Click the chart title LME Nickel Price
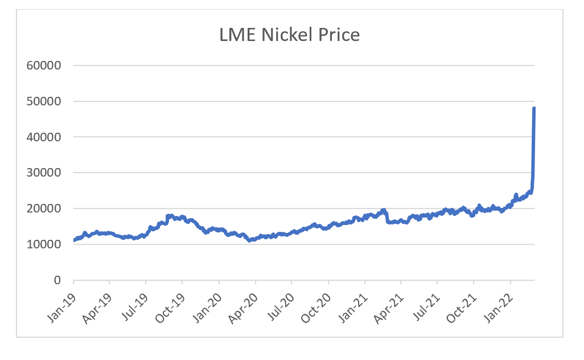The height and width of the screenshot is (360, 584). [x=290, y=35]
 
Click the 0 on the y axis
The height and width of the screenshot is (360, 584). [x=57, y=280]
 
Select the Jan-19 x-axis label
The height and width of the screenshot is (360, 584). [x=62, y=302]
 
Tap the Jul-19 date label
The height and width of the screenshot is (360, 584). [x=135, y=302]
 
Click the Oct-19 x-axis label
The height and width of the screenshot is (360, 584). [x=171, y=302]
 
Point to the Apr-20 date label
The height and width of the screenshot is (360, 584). [x=244, y=302]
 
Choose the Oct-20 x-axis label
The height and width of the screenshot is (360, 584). [x=317, y=302]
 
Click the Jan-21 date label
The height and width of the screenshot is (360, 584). [x=353, y=302]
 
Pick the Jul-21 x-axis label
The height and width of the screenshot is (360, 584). [x=426, y=302]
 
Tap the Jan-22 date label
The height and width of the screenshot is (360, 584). [x=499, y=302]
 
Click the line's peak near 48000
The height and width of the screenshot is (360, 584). [x=534, y=108]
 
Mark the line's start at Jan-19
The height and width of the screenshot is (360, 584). [x=75, y=240]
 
